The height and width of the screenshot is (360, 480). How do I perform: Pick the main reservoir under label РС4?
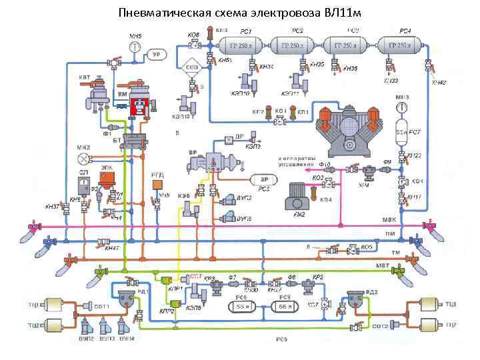[x=402, y=46]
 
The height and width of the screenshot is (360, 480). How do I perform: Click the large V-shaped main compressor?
[x=348, y=127]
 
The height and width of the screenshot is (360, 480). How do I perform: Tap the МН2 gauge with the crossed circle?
[x=83, y=159]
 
